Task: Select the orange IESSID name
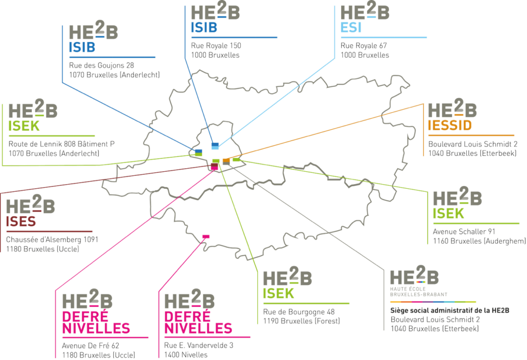[x=450, y=125]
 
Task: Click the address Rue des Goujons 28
[x=101, y=65]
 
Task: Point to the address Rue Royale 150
[x=216, y=46]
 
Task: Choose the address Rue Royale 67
[x=364, y=46]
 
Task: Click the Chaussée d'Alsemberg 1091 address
[x=52, y=240]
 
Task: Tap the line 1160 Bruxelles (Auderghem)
[x=479, y=241]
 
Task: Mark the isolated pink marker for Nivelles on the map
[x=206, y=236]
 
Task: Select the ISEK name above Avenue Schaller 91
[x=449, y=213]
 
